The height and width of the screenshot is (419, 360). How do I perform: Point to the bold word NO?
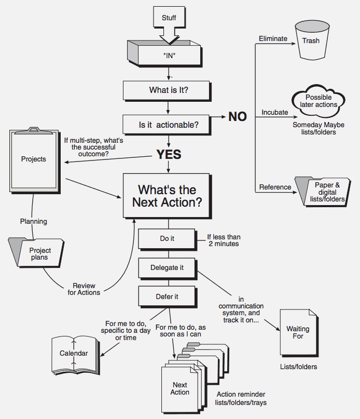click(238, 117)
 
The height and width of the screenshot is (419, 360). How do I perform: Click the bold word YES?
click(168, 155)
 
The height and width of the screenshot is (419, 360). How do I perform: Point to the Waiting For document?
click(298, 332)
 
